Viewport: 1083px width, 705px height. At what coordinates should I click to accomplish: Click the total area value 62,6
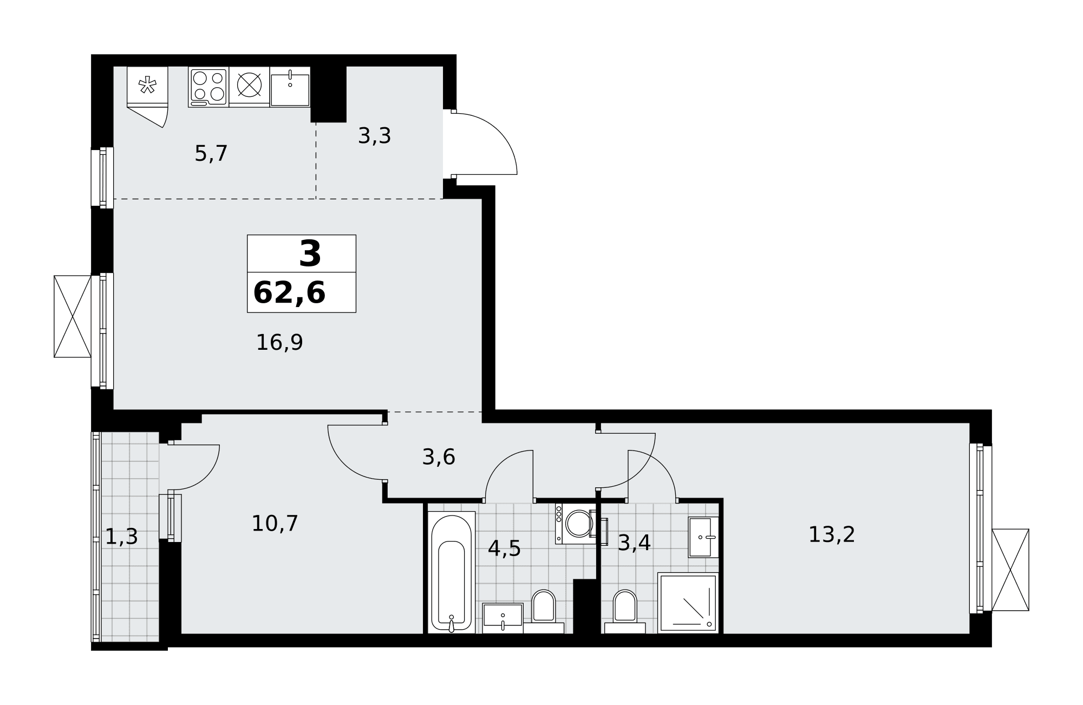pos(289,293)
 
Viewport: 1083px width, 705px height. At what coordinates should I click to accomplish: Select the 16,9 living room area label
pos(279,343)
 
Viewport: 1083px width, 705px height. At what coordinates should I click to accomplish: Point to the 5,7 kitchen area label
pos(211,154)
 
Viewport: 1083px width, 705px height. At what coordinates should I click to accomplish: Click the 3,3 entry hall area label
pos(375,136)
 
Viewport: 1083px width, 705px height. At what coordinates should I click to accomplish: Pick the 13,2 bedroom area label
pos(832,535)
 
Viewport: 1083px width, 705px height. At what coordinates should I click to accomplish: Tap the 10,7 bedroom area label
pos(275,524)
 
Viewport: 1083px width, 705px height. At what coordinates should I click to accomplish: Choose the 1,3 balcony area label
pos(121,537)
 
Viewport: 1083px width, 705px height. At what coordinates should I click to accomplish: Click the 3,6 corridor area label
pos(439,458)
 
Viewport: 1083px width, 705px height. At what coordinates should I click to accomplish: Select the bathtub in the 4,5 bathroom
pos(452,572)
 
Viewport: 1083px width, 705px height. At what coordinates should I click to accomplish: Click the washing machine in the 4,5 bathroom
pos(576,524)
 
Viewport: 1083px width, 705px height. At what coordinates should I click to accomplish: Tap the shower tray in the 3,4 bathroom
pos(688,603)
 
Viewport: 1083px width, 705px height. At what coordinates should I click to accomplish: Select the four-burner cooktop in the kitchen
pos(208,87)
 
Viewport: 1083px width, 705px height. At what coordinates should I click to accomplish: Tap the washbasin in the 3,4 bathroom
pos(703,537)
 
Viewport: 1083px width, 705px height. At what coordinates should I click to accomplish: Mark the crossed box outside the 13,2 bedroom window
pos(1010,570)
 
